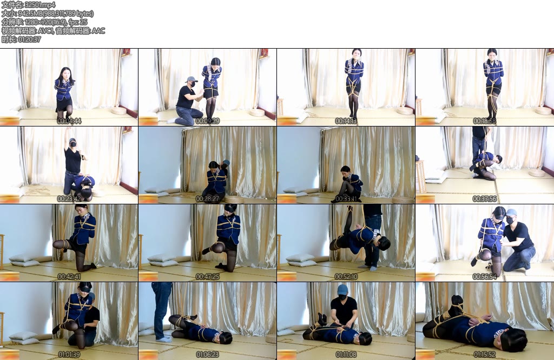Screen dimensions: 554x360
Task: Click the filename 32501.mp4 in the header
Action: (40, 5)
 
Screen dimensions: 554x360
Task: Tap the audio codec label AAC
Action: (98, 31)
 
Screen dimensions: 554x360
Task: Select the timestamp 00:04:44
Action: (69, 121)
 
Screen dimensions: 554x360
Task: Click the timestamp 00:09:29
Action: (208, 121)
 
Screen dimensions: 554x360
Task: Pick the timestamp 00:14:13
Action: (346, 121)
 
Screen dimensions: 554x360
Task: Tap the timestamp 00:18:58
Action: (485, 121)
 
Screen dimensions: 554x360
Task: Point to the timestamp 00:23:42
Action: (69, 199)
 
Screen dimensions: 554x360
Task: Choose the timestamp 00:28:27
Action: (208, 199)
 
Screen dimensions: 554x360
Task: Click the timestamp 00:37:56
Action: (485, 199)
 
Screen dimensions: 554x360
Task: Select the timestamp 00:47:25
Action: (208, 276)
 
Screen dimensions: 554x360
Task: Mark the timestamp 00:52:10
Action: (346, 276)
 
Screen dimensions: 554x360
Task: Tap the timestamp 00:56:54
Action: (485, 276)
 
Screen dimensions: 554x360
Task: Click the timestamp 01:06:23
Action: (208, 354)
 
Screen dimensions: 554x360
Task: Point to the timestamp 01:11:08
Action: (346, 354)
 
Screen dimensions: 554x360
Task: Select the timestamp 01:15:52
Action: (485, 354)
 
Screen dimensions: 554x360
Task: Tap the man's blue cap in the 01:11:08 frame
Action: (342, 290)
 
